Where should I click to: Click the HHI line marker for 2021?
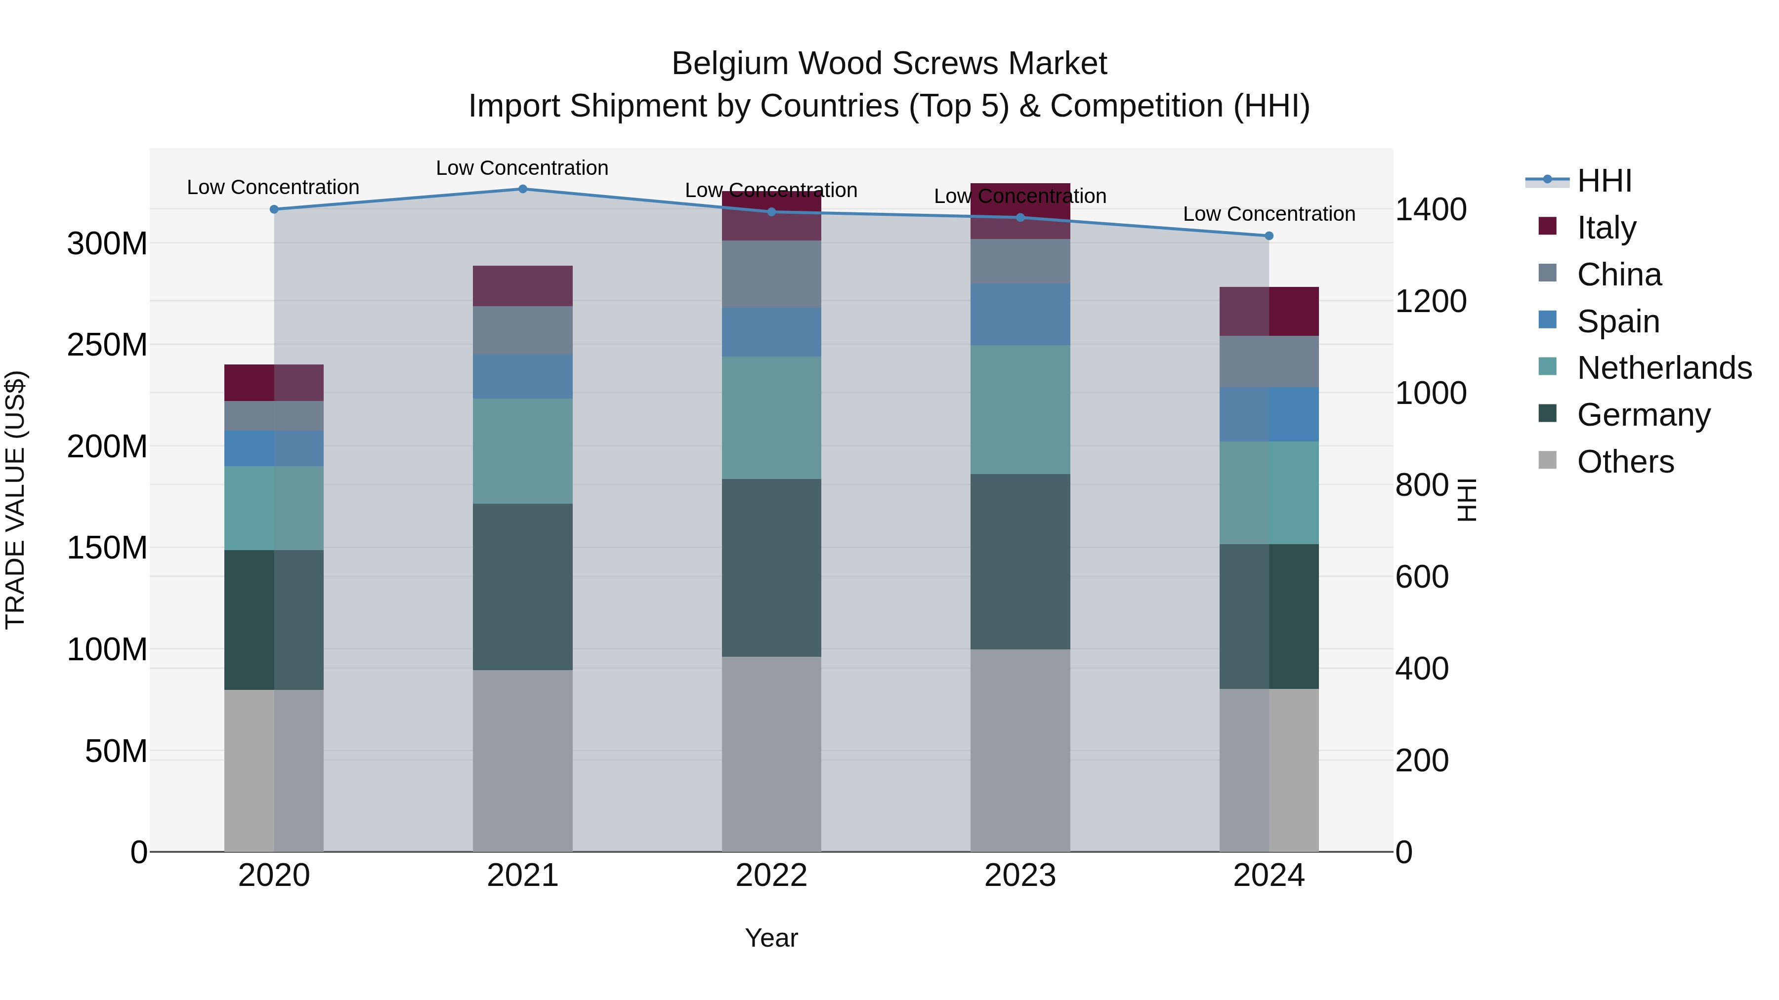coord(523,189)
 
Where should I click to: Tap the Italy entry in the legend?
coord(1607,228)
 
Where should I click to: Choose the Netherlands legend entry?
coord(1664,368)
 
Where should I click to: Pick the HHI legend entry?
coord(1604,181)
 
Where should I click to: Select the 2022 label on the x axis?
coord(771,876)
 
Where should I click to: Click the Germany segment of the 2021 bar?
coord(523,587)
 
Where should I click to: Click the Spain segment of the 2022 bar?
coord(771,332)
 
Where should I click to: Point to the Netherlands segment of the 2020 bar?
coord(274,508)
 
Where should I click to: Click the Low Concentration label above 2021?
coord(522,168)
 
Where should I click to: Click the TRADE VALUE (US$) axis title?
coord(15,500)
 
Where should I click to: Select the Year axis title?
coord(771,938)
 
